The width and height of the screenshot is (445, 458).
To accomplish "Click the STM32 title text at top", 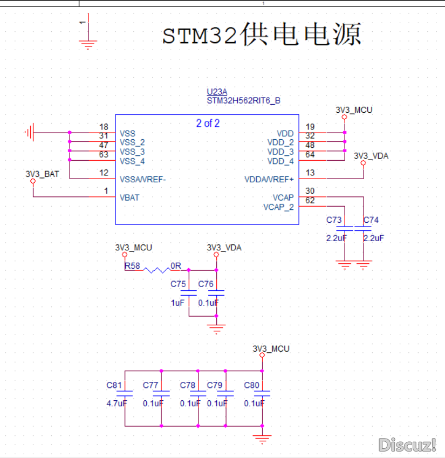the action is pos(262,35).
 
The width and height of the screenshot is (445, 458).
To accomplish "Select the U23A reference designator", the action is pos(217,92).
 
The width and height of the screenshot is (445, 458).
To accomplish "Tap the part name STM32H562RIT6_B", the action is pos(243,101).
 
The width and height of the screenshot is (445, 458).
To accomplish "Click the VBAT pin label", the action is pos(129,198).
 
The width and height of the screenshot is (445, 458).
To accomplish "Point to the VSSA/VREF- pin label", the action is pos(143,179).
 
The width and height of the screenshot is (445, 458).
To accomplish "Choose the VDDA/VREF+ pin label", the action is pos(269,179).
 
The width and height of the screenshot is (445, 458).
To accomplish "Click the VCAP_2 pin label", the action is pos(278,207).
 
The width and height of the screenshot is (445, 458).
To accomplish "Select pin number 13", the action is pos(310,173).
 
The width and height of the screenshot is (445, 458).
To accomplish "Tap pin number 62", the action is pos(310,200).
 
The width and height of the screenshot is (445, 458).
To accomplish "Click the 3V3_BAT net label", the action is pos(42,174).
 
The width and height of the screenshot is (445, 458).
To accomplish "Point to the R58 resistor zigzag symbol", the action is pos(157,270).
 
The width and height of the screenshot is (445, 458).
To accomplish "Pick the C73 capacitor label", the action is pos(334,220).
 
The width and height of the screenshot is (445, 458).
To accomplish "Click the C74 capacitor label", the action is pos(371,220).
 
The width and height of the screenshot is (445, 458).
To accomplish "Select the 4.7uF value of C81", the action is pos(117,404).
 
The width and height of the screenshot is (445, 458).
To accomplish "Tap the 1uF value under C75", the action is pos(177,303).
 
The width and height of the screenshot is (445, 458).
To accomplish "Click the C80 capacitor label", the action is pos(251,385).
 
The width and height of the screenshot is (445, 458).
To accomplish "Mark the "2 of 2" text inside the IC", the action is pos(208,123).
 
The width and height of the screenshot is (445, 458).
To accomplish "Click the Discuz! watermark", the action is pos(407,445).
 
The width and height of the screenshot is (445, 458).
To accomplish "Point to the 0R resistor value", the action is pos(176,266).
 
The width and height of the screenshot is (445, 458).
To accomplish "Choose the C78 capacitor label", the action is pos(188,385).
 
